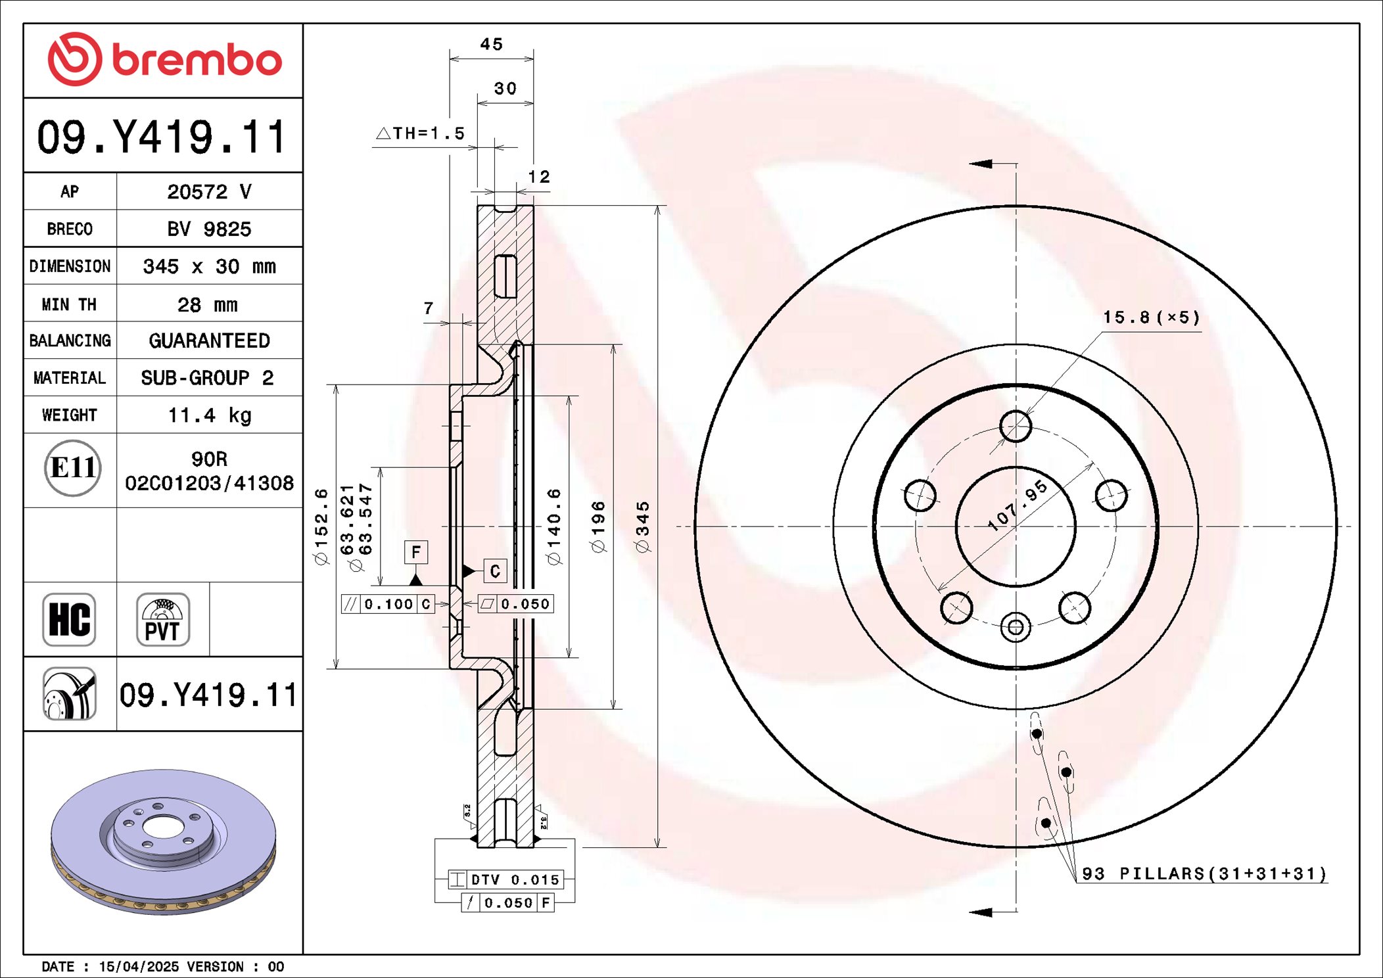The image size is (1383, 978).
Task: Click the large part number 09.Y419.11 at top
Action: (162, 137)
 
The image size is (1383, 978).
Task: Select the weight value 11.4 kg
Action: (209, 415)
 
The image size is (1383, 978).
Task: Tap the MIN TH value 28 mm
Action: (207, 304)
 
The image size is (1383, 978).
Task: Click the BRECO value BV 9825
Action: (209, 229)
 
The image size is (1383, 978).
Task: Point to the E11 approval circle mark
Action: (73, 468)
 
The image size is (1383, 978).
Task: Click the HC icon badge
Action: (69, 619)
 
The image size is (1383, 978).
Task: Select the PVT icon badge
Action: (162, 619)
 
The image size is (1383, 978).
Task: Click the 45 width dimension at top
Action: (491, 45)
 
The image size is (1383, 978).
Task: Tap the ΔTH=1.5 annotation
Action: (421, 133)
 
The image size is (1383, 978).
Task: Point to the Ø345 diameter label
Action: (642, 526)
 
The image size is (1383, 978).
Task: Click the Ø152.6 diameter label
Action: (321, 526)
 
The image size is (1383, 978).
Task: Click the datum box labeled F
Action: (415, 552)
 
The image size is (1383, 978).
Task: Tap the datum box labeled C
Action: (495, 571)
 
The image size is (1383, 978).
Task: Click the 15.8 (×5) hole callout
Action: (1150, 318)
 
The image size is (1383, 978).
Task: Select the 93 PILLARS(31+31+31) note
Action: (1204, 873)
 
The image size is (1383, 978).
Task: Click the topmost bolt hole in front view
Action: (1016, 427)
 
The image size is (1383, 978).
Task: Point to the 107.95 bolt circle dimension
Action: (1018, 505)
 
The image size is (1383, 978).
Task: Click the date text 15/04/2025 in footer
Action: (138, 966)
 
